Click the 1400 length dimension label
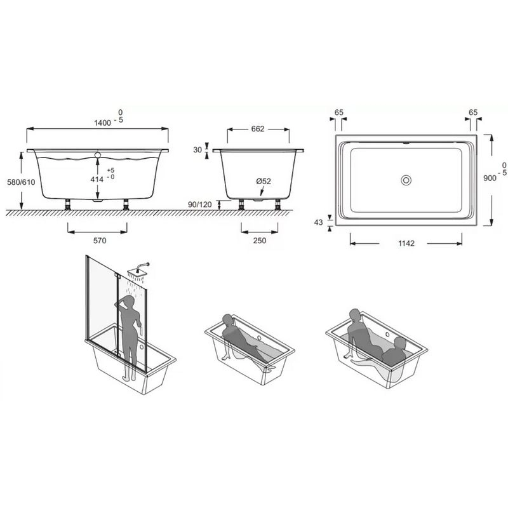point(103,123)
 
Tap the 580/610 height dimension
point(21,182)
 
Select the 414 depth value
point(97,179)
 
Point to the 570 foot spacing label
point(100,241)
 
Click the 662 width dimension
point(258,129)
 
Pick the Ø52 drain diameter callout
point(264,182)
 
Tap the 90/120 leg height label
point(200,204)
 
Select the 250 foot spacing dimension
point(260,241)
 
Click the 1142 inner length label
point(406,243)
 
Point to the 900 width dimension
point(490,178)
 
